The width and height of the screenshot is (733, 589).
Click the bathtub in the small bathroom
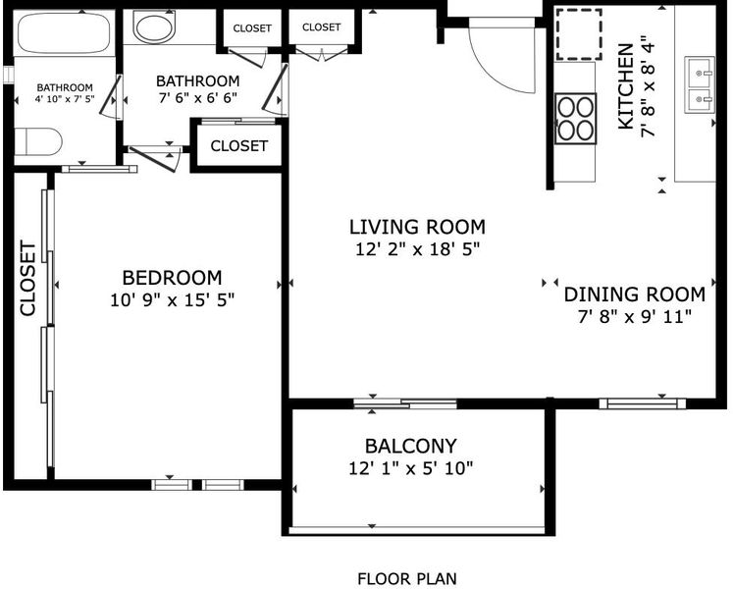(64, 32)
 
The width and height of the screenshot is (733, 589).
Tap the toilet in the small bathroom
(38, 141)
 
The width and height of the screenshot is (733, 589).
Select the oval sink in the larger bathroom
(155, 27)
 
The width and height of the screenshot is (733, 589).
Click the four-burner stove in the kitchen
(575, 119)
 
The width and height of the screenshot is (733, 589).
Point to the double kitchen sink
(700, 84)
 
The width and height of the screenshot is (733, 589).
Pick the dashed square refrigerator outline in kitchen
(578, 34)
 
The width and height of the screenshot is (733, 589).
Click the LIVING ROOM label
(417, 227)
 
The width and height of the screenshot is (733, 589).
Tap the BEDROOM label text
(172, 278)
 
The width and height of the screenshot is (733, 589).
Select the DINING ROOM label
(634, 294)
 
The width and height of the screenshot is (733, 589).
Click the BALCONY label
(410, 447)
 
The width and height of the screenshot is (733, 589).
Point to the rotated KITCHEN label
(626, 86)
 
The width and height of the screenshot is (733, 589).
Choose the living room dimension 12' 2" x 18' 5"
(417, 249)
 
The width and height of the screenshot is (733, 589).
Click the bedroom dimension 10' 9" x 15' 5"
(172, 299)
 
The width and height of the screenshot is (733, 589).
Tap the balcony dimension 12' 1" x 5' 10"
(410, 468)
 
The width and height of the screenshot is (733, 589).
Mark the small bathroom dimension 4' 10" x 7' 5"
(65, 99)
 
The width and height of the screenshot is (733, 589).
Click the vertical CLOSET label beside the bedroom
(27, 279)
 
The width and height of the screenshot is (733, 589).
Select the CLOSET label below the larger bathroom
(238, 146)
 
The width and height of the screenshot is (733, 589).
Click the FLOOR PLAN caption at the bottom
(406, 579)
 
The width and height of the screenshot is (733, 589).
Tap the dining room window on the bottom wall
(643, 403)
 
